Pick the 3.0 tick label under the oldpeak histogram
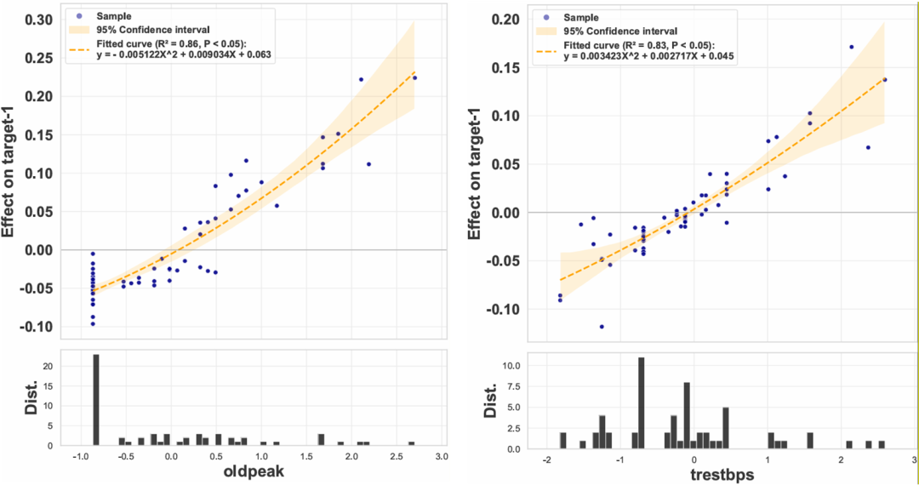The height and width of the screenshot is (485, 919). pyautogui.click(x=442, y=459)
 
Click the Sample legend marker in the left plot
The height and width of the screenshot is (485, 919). pyautogui.click(x=79, y=15)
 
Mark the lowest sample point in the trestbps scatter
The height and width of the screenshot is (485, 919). pyautogui.click(x=602, y=327)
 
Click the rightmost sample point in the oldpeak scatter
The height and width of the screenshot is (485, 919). pyautogui.click(x=414, y=77)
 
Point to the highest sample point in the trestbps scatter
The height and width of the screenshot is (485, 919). pyautogui.click(x=852, y=47)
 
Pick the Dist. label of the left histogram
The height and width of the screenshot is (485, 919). pyautogui.click(x=14, y=398)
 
